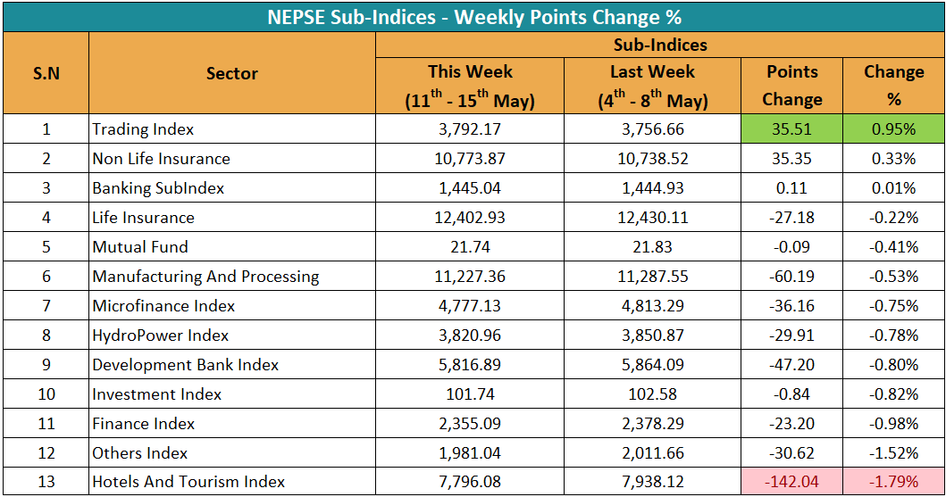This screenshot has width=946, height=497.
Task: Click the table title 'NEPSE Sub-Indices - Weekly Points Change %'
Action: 474,17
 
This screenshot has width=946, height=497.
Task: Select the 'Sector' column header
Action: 232,73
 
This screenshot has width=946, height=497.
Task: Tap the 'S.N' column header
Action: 46,73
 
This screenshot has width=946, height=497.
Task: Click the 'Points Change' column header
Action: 792,86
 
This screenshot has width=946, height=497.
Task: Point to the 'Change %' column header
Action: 894,86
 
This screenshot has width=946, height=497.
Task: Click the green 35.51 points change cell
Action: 791,128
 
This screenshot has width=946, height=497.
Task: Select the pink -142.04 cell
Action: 791,482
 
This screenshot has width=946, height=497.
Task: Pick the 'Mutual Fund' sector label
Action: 140,247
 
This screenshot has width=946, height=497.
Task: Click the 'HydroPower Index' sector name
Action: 161,335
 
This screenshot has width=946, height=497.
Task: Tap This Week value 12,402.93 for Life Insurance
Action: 470,218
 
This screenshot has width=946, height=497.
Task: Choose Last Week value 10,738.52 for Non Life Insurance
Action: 653,159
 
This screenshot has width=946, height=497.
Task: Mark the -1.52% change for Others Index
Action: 894,453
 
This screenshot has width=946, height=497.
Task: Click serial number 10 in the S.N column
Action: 46,394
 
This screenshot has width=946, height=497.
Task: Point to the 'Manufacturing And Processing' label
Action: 205,277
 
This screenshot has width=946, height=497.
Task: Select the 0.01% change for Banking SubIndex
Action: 894,188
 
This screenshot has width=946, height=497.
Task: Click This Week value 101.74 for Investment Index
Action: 470,394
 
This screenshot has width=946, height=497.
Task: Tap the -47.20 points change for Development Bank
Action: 791,364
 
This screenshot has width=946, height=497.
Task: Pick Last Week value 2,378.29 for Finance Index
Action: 653,424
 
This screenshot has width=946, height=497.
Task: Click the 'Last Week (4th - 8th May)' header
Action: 653,86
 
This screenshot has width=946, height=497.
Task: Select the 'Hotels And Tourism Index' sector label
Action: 188,482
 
